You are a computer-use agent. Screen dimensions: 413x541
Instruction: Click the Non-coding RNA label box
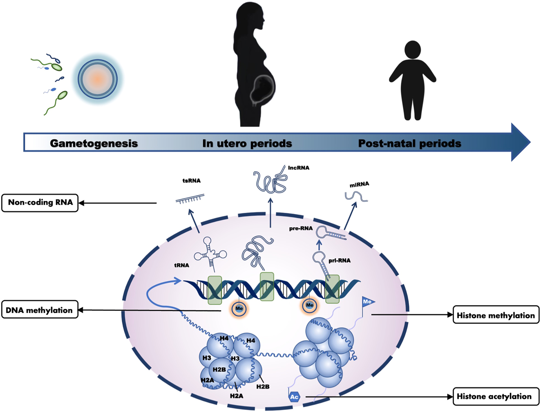click(40, 203)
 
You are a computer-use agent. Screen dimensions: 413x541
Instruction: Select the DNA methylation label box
click(39, 310)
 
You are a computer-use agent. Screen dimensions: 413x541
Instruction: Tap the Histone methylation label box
click(496, 315)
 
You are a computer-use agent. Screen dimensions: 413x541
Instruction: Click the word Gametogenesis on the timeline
click(94, 143)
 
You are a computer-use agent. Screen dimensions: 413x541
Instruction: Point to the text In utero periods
click(247, 143)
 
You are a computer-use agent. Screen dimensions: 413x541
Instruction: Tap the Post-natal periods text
click(409, 143)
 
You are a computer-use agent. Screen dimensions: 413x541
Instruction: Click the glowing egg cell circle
click(98, 79)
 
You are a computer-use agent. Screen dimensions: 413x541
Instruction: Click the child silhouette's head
click(412, 49)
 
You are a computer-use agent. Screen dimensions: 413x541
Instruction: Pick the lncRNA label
click(299, 168)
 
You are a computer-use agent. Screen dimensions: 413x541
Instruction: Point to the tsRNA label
click(191, 181)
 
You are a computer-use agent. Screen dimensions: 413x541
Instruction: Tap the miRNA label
click(359, 185)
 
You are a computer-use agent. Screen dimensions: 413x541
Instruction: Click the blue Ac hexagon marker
click(294, 396)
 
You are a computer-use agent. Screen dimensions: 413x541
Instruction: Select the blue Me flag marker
click(367, 302)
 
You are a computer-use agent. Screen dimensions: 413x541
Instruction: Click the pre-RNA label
click(301, 228)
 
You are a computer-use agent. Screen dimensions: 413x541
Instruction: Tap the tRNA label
click(181, 265)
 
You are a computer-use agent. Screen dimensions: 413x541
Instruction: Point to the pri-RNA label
click(340, 260)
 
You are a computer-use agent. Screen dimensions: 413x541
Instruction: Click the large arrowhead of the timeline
click(520, 142)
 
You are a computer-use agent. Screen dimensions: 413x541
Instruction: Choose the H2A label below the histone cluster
click(236, 395)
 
